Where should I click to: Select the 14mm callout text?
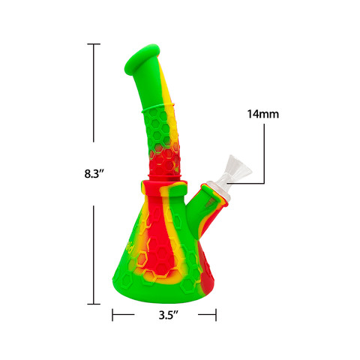[262, 115]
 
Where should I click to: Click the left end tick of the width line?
[113, 315]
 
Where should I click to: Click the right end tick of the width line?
[217, 315]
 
